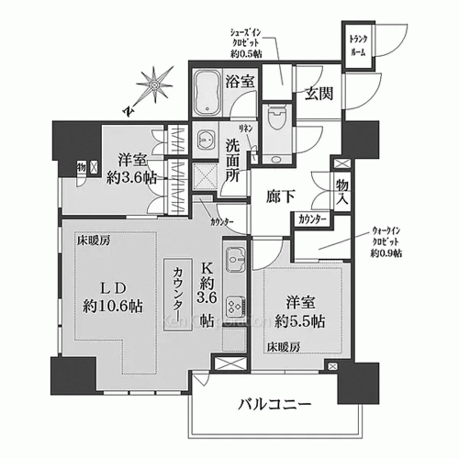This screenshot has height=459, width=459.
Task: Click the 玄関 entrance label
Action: (x=317, y=93)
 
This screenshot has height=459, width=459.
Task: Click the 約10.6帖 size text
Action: (x=107, y=305)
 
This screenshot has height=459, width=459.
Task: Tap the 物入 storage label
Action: (x=342, y=192)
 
